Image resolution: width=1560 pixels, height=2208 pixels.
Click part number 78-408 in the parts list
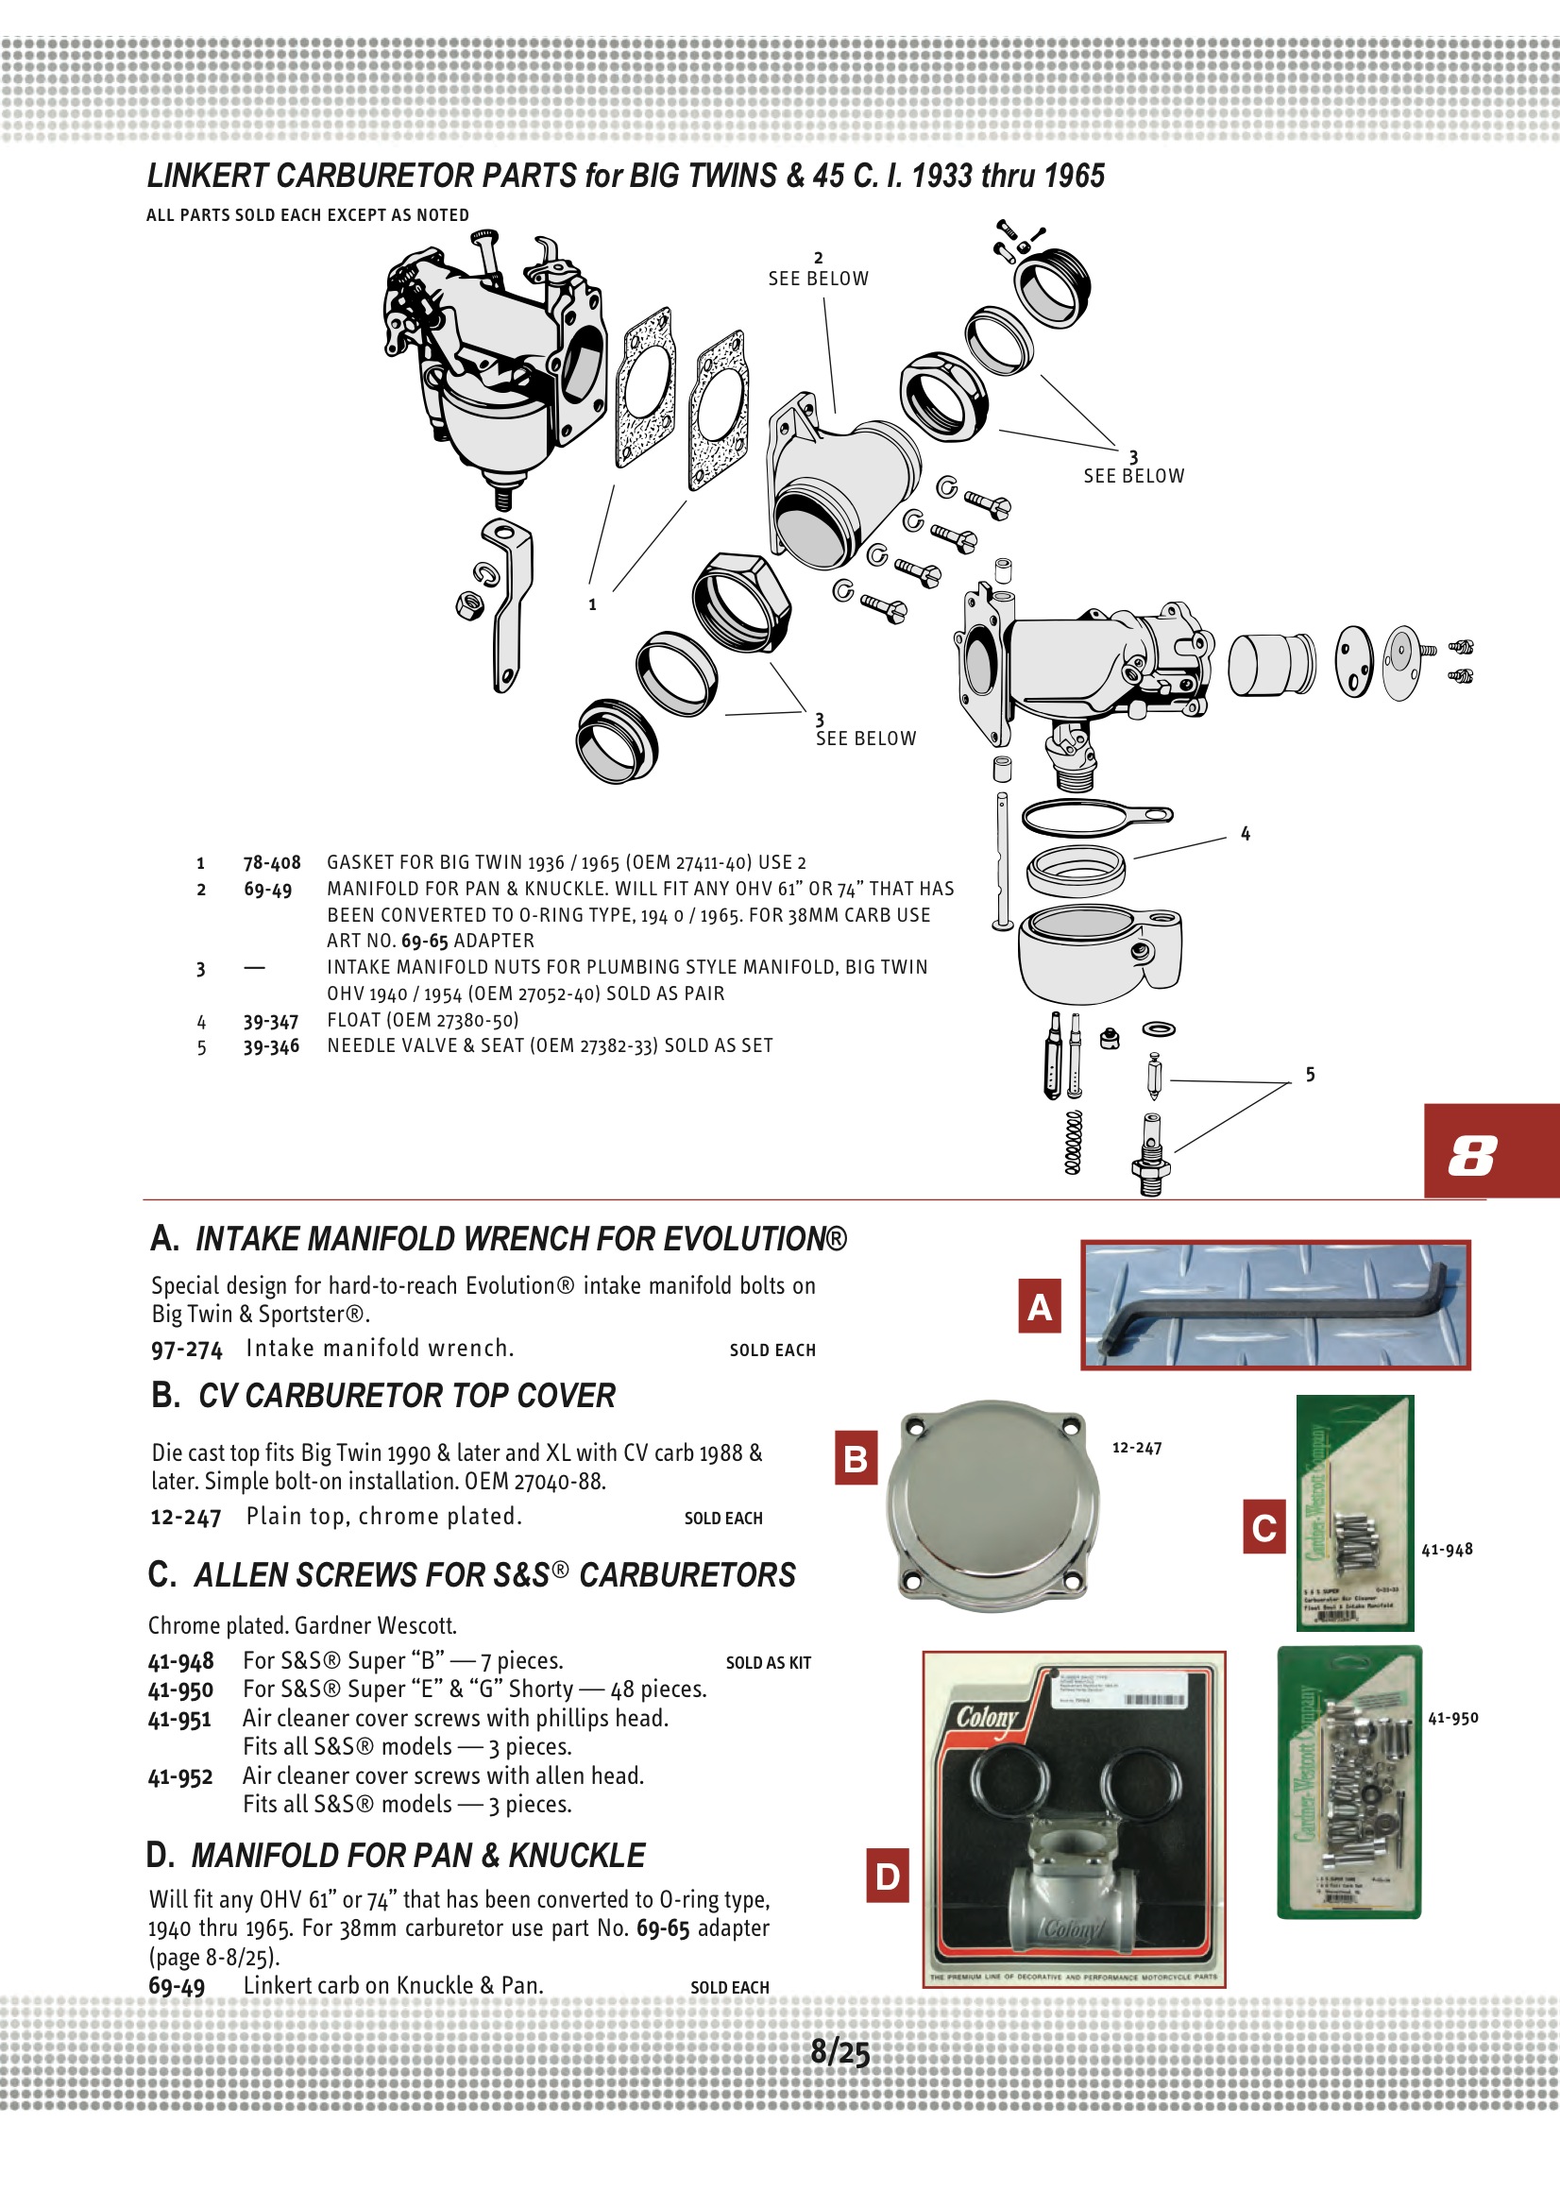[x=271, y=862]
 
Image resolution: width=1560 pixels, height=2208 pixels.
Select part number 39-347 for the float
[x=270, y=1021]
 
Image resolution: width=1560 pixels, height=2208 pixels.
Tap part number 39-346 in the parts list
[x=270, y=1046]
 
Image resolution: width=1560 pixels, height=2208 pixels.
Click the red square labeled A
[x=1039, y=1307]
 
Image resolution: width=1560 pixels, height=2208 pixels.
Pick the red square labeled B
[x=856, y=1459]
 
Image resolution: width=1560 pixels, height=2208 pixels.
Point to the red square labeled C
[x=1263, y=1527]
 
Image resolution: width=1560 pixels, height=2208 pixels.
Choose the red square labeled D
[x=888, y=1877]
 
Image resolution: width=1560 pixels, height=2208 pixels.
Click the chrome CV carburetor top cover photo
[x=992, y=1506]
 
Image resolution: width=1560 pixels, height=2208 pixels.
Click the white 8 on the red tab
[x=1472, y=1155]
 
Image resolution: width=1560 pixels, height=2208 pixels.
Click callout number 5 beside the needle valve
[x=1310, y=1074]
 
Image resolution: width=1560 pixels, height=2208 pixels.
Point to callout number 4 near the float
[x=1246, y=834]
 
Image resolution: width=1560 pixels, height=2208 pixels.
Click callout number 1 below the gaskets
[x=592, y=605]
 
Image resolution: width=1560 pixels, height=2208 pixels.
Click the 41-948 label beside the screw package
[x=1447, y=1549]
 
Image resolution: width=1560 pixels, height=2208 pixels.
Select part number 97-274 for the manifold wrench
[x=187, y=1350]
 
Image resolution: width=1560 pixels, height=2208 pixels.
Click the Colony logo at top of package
[x=987, y=1718]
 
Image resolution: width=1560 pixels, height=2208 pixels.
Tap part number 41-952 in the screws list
[x=180, y=1777]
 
